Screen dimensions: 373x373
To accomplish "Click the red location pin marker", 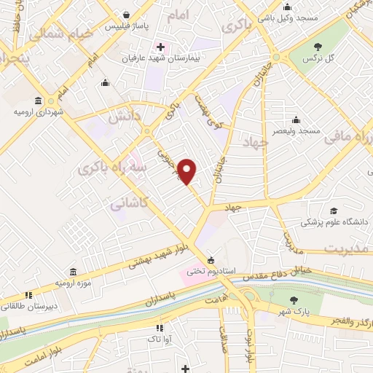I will point(188,170).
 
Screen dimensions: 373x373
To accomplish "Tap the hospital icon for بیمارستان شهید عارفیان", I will point(160,48).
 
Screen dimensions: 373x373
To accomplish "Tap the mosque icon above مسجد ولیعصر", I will point(297,120).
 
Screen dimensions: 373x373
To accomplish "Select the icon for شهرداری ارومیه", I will point(37,102).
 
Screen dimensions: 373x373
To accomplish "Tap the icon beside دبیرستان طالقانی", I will point(28,295).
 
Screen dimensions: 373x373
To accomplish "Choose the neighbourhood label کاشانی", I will point(127,206).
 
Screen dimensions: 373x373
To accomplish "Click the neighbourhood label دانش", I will point(122,116).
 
